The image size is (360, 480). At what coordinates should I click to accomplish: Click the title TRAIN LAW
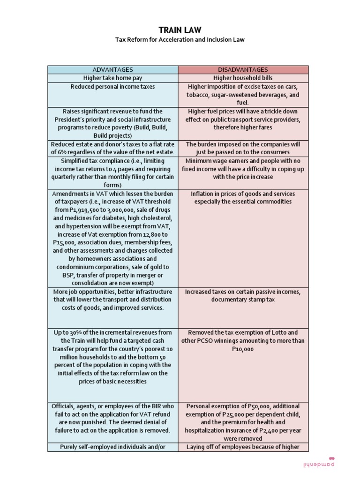[x=180, y=30]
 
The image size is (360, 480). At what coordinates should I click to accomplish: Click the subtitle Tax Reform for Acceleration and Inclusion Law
[x=180, y=40]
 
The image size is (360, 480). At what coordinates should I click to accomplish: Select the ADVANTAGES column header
[x=112, y=69]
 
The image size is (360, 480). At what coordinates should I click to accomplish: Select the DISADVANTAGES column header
[x=243, y=69]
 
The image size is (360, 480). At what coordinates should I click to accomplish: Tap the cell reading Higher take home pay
[x=112, y=78]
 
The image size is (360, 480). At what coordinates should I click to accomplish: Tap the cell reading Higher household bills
[x=243, y=78]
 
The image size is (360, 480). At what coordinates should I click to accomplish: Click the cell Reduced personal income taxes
[x=112, y=87]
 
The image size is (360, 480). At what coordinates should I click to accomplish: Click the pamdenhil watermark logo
[x=319, y=463]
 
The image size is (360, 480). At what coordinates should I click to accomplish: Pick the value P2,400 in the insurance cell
[x=266, y=430]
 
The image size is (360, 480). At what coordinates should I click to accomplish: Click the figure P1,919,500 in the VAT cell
[x=91, y=210]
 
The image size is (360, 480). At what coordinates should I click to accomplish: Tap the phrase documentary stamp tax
[x=243, y=300]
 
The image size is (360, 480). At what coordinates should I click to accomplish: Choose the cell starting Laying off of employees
[x=243, y=447]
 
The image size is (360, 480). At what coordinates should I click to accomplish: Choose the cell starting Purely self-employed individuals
[x=112, y=447]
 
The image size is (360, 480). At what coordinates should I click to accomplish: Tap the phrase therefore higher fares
[x=243, y=127]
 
